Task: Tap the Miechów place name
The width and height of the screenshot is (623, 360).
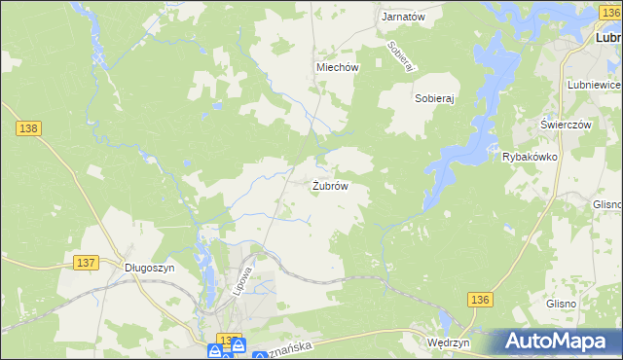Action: coord(338,67)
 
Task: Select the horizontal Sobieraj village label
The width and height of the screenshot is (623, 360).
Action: coord(436,98)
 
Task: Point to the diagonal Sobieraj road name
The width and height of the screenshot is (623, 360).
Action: coord(401,55)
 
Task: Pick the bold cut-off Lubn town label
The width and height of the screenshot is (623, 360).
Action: coord(608,38)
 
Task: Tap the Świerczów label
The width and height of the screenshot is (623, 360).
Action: coord(567,126)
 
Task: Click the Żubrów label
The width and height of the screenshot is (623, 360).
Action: coord(330,185)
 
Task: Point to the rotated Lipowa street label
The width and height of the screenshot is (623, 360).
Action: coord(243,274)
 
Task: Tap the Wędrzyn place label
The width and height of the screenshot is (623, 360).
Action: coord(449,343)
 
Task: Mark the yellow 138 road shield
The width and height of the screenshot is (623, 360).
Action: coord(27,127)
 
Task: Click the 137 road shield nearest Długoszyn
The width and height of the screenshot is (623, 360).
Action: coord(86,263)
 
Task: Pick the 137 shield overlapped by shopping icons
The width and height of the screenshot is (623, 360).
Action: coord(226,341)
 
